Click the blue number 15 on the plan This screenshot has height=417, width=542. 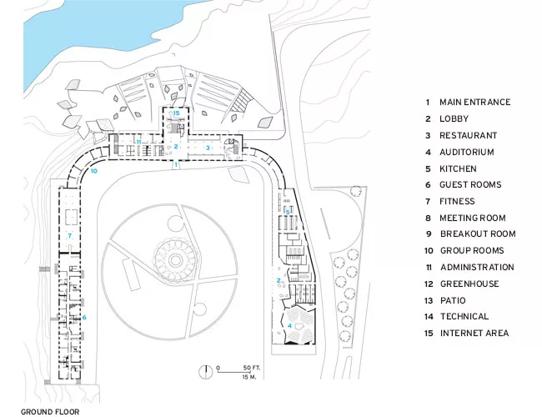(x=176, y=113)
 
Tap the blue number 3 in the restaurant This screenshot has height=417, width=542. (x=208, y=148)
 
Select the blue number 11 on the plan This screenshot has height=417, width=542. (x=138, y=142)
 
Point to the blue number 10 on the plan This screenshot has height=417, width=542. (x=93, y=171)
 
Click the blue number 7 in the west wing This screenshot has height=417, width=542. (x=70, y=235)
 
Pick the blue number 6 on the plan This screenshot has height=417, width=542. (x=84, y=318)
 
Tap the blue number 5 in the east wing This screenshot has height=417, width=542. (x=288, y=212)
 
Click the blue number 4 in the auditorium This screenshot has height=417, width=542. (x=289, y=325)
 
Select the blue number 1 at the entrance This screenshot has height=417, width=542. (x=176, y=164)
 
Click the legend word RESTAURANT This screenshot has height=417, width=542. (x=468, y=136)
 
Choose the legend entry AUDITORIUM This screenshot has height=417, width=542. (x=467, y=152)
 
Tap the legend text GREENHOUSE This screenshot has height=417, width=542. (x=469, y=284)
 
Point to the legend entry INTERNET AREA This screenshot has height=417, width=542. (x=474, y=334)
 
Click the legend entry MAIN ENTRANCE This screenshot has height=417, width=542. (x=475, y=103)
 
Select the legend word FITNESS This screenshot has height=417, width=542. (x=457, y=201)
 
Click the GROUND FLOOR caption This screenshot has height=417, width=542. (x=50, y=412)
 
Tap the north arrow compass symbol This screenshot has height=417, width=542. (x=206, y=371)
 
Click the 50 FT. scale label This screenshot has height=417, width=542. (x=252, y=368)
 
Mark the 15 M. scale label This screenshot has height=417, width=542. (x=249, y=376)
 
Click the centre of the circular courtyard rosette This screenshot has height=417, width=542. (x=175, y=259)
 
